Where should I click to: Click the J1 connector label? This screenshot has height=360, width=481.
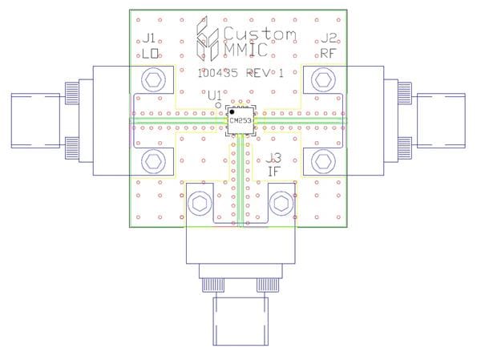[x=149, y=38]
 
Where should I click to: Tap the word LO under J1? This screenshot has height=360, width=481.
[x=151, y=54]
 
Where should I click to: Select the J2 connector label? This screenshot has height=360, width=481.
[x=329, y=38]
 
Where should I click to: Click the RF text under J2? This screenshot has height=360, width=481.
[x=328, y=54]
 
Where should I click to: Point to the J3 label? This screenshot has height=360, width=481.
[x=273, y=159]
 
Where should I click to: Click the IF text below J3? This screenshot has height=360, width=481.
[x=273, y=172]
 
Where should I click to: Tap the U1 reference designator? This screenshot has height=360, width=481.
[x=214, y=96]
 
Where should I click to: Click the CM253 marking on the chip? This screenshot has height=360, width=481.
[x=240, y=120]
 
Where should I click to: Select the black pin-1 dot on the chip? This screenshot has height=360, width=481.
[x=232, y=112]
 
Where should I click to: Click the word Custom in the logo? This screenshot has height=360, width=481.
[x=260, y=34]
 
